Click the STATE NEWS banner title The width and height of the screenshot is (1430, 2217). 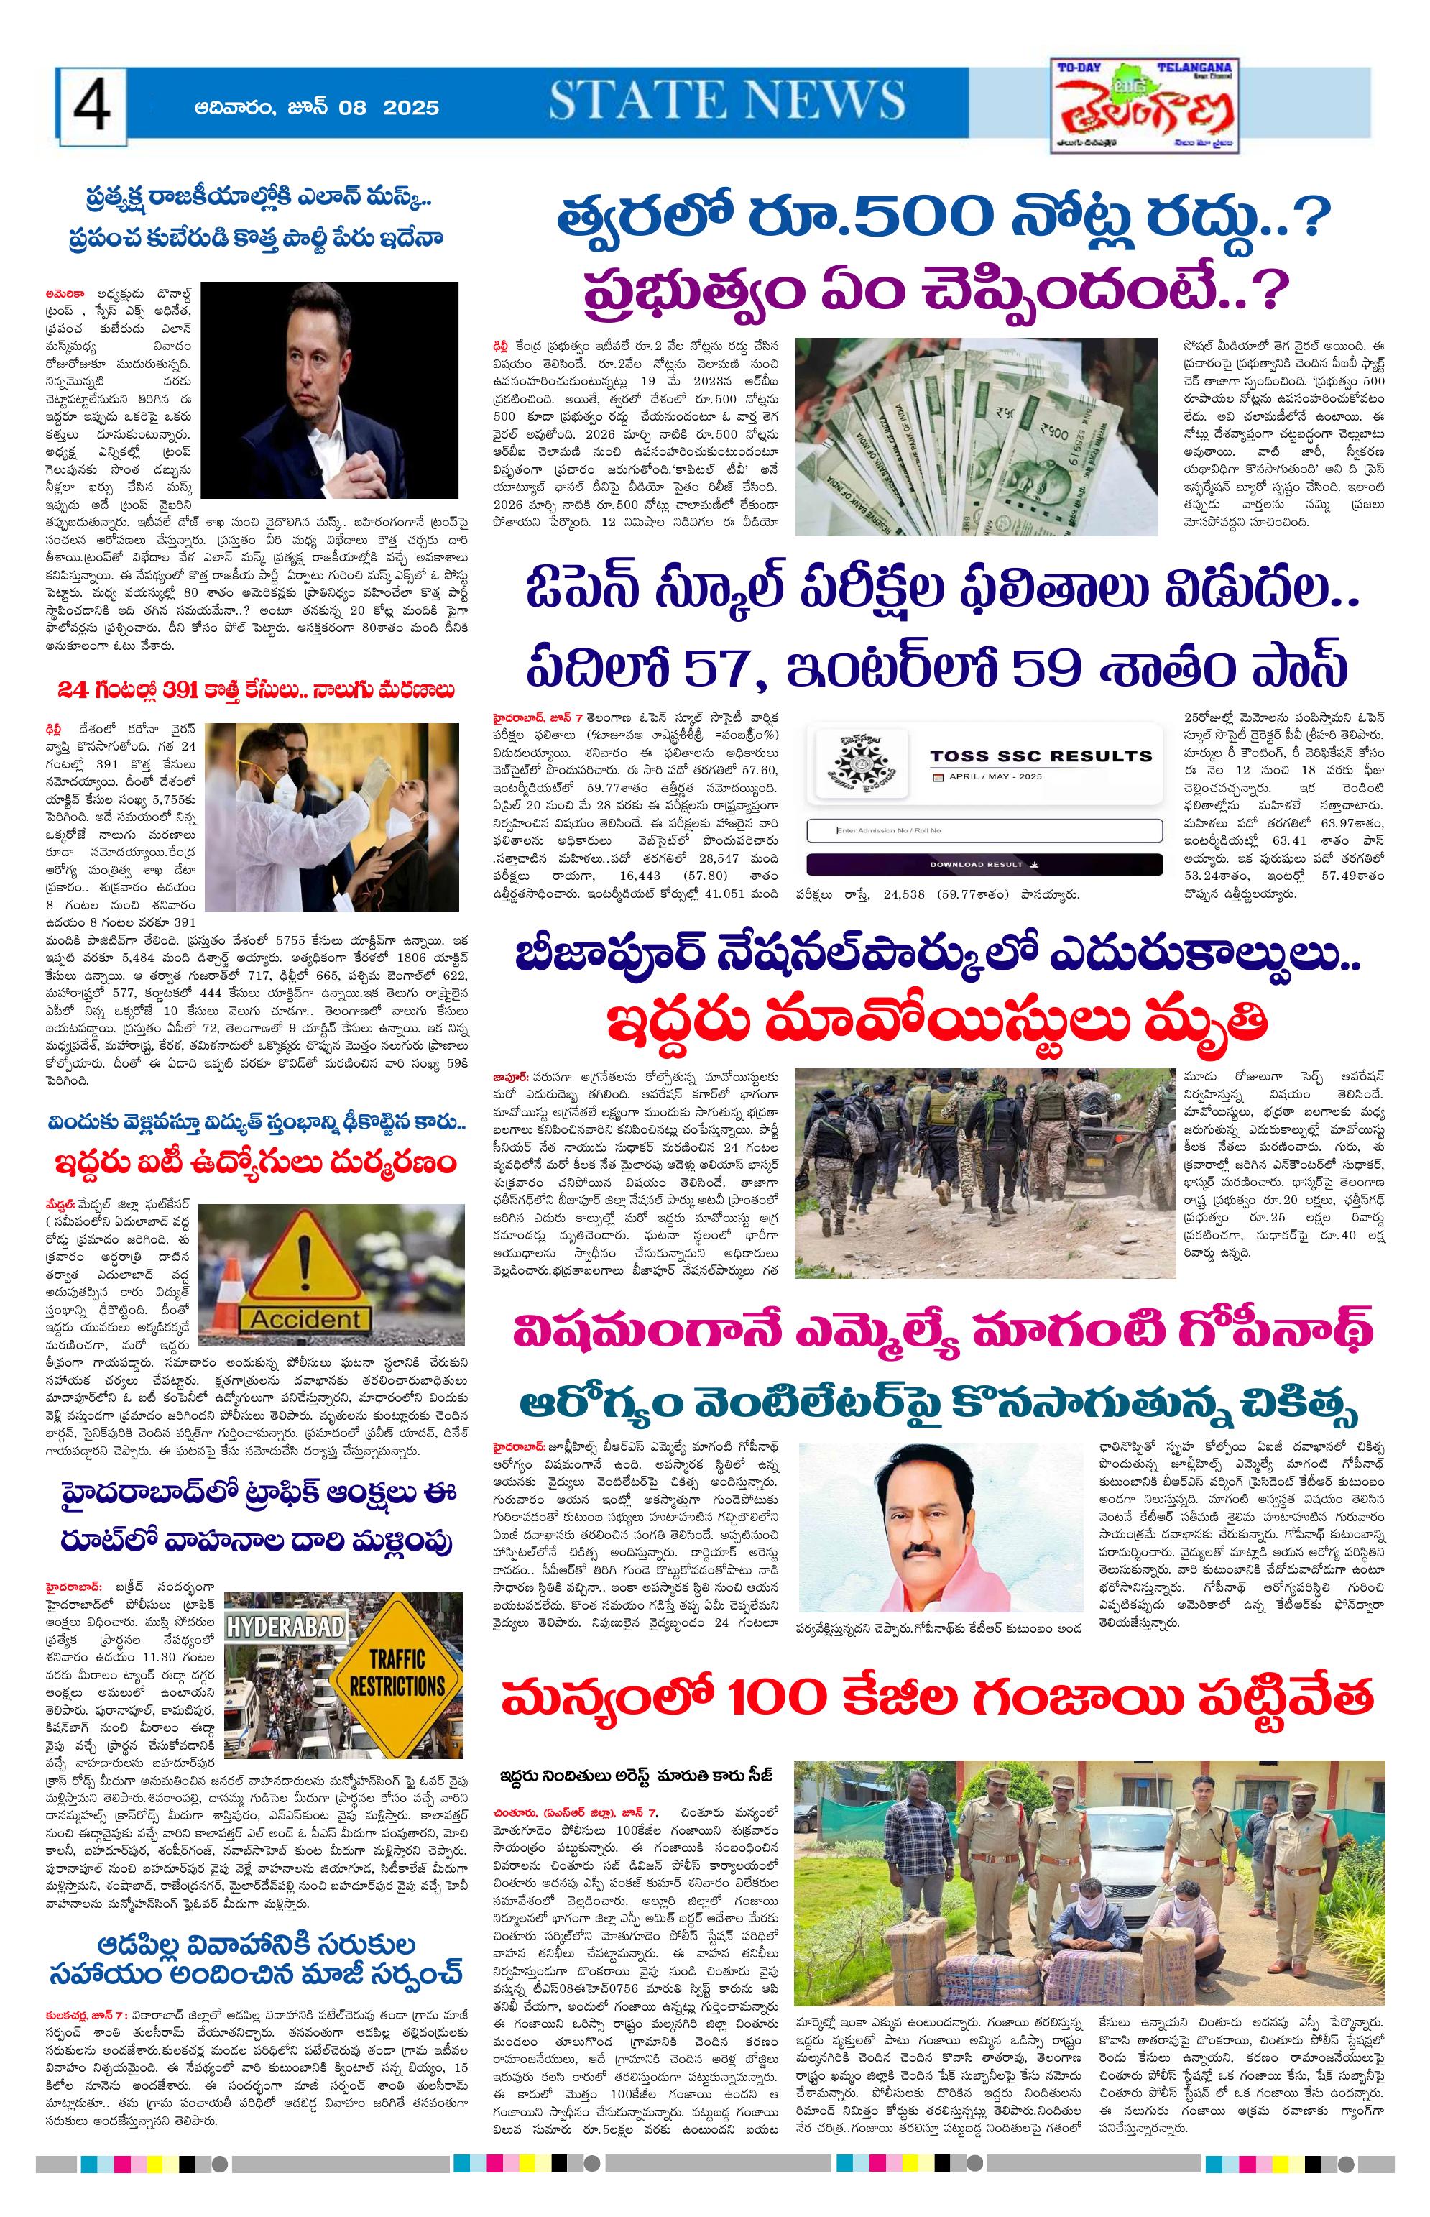click(726, 101)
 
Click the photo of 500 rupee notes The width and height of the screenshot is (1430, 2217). click(976, 436)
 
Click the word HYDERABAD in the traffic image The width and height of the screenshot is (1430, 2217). click(286, 1628)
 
